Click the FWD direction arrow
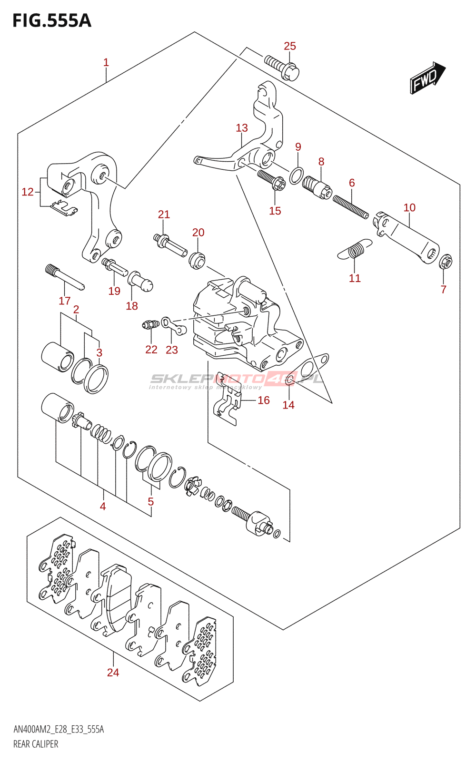[x=427, y=78]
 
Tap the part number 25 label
[x=290, y=46]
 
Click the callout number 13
[x=242, y=128]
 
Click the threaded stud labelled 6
[x=351, y=207]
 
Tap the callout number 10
[x=409, y=208]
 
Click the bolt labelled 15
[x=271, y=180]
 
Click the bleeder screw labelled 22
[x=149, y=325]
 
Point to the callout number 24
[x=113, y=673]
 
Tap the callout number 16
[x=264, y=400]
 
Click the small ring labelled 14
[x=289, y=380]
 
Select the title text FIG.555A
[x=52, y=21]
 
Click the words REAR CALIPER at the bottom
[x=36, y=744]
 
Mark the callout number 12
[x=28, y=192]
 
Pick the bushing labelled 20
[x=197, y=260]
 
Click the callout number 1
[x=106, y=62]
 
